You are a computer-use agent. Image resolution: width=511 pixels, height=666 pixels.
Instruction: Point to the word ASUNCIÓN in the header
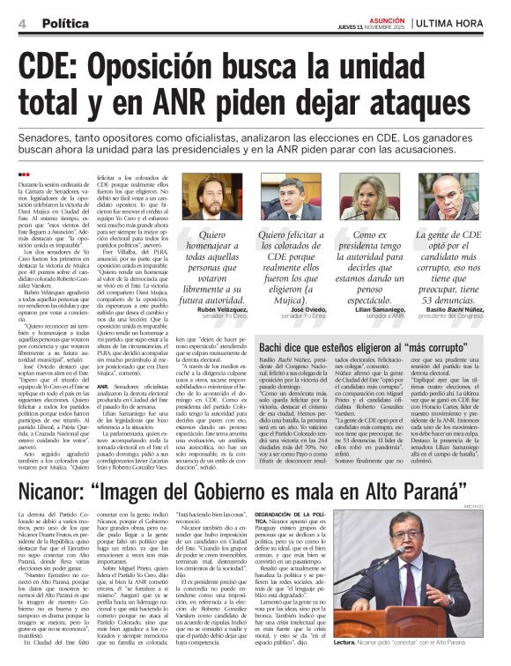click(390, 17)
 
